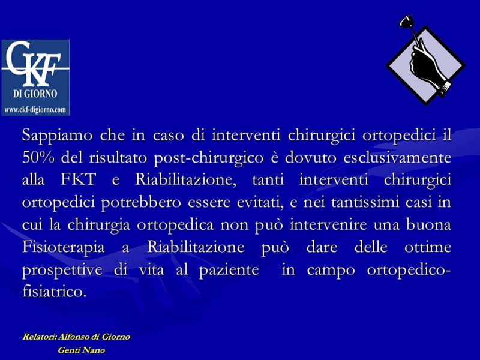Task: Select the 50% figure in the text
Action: click(38, 158)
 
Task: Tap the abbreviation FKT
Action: click(79, 179)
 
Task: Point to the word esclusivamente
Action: click(397, 158)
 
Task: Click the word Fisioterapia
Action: click(64, 248)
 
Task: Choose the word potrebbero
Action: click(141, 203)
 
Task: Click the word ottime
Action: click(428, 247)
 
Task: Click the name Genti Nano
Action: click(82, 350)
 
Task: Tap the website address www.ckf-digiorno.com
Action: click(35, 110)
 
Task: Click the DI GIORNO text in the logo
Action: click(35, 94)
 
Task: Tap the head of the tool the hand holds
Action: click(404, 22)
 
